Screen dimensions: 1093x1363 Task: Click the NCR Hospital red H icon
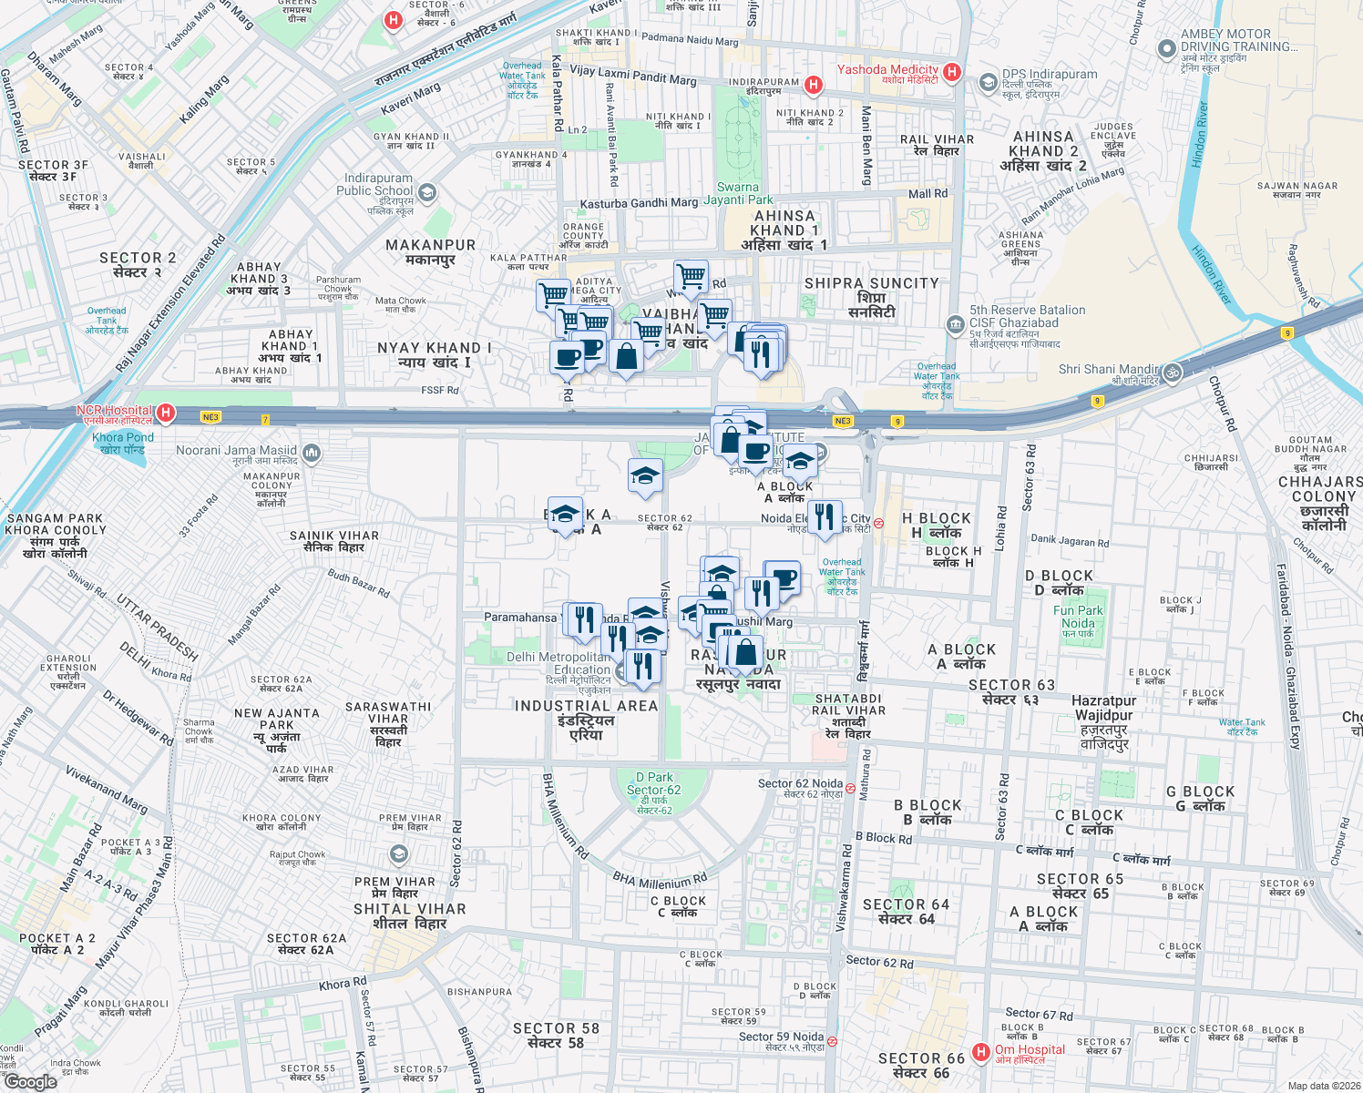click(165, 414)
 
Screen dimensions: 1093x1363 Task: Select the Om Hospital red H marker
click(980, 1052)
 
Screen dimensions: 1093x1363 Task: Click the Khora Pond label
click(123, 443)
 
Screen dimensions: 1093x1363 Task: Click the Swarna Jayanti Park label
click(738, 193)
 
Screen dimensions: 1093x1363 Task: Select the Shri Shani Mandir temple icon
click(1172, 372)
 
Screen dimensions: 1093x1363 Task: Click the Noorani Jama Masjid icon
click(311, 452)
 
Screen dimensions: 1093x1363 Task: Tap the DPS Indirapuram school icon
click(988, 83)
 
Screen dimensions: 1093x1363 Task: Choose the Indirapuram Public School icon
click(427, 192)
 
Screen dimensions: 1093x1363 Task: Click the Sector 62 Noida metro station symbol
click(850, 788)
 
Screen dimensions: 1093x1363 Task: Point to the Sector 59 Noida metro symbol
click(832, 1041)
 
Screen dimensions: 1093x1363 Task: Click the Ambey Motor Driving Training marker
click(1165, 48)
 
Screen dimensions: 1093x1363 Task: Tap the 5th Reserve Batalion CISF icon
click(955, 323)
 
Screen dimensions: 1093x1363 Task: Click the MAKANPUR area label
click(430, 251)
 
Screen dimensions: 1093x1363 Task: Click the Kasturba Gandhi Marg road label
click(639, 204)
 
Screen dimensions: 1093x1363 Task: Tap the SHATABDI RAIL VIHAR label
click(848, 710)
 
